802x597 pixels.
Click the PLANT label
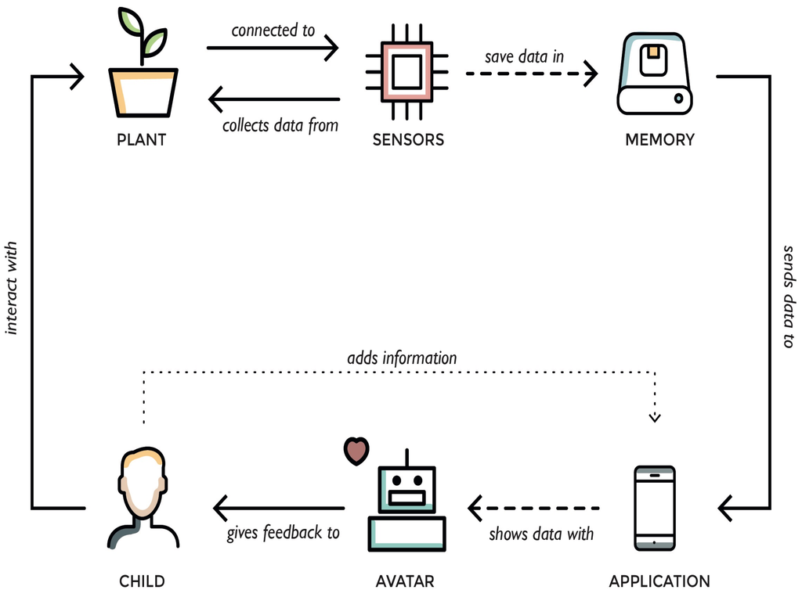[141, 140]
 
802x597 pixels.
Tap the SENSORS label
[408, 140]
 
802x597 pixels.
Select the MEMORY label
[659, 140]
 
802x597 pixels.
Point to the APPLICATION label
[659, 581]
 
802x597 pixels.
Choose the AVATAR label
[405, 581]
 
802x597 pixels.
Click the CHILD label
[142, 581]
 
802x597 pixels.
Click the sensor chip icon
[407, 72]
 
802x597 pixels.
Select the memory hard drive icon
[654, 74]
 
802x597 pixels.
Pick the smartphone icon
[654, 507]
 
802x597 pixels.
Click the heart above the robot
[356, 450]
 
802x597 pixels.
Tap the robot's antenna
[406, 458]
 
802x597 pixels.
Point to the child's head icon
[143, 485]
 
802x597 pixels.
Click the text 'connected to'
[273, 31]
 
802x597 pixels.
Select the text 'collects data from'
[280, 125]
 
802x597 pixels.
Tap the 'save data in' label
[524, 56]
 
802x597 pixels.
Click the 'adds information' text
[402, 358]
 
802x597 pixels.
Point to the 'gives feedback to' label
[283, 533]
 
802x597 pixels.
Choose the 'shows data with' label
[541, 534]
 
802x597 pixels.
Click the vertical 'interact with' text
[12, 287]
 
